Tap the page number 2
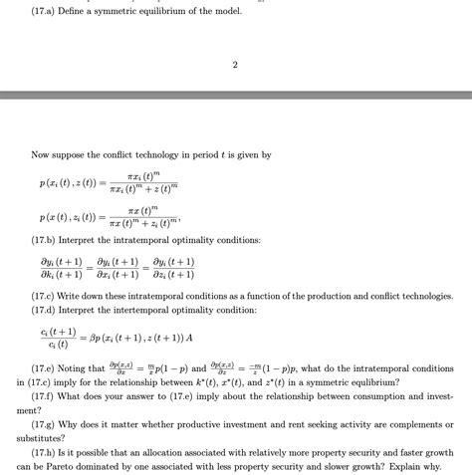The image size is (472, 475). [235, 66]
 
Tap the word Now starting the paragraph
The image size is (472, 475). [40, 154]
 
